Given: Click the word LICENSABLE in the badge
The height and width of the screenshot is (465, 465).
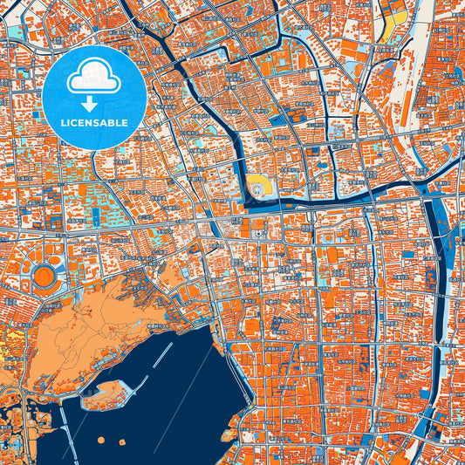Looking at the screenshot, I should [94, 122].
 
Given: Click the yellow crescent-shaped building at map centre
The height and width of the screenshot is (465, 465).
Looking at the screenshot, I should [258, 185].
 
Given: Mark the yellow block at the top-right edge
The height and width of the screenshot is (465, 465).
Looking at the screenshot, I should [395, 16].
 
